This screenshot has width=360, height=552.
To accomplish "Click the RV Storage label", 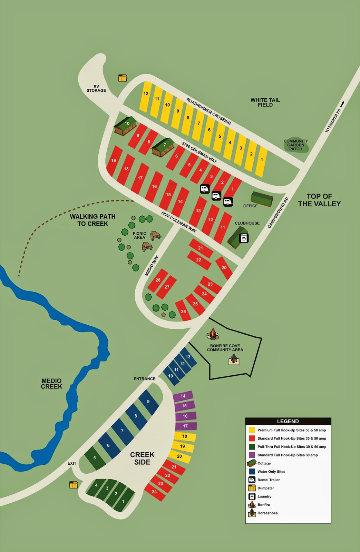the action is (96, 89).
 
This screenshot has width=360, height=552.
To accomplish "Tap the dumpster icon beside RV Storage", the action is (123, 78).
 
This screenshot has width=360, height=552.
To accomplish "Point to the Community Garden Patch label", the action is (296, 145).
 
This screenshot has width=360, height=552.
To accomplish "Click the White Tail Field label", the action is (265, 102).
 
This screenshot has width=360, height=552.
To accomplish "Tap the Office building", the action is (262, 199).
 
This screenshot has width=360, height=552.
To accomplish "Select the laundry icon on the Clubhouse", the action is (244, 238).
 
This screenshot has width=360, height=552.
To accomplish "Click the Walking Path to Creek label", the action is (93, 220).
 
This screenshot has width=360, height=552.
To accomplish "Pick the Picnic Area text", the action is (139, 235).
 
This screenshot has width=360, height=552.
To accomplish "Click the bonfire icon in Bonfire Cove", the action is (213, 334).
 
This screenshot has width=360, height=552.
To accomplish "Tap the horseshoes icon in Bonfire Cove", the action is (234, 360).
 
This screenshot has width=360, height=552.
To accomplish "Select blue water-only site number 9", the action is (148, 402).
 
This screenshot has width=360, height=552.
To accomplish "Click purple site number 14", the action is (183, 396).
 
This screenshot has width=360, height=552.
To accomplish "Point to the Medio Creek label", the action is (51, 384).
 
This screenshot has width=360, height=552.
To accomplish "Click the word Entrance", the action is (145, 379).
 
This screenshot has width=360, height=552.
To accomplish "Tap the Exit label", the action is (72, 463).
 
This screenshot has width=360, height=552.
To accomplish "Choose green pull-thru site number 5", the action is (95, 458).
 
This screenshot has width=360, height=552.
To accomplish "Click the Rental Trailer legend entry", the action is (268, 480).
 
